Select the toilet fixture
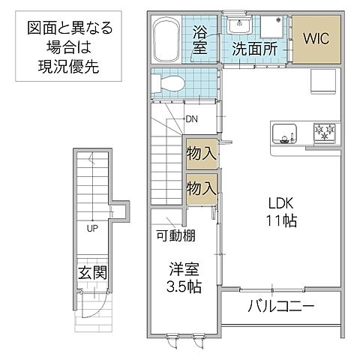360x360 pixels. (166, 86)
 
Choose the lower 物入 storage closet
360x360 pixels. (201, 187)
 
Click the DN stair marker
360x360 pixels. (191, 119)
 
